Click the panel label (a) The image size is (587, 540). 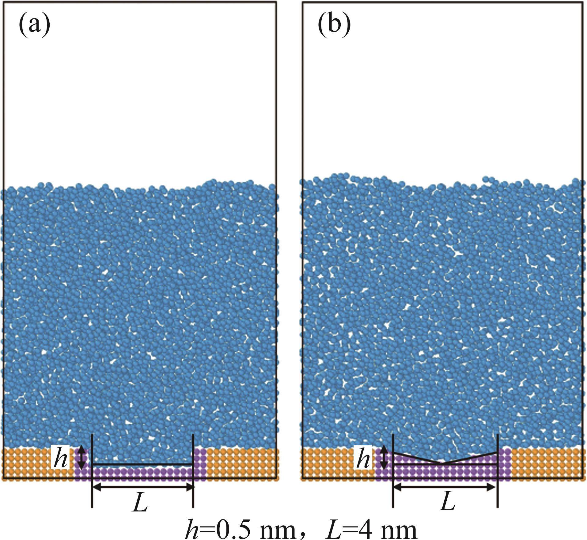[34, 26]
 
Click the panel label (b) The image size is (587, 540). [334, 26]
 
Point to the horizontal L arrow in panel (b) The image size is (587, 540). [445, 487]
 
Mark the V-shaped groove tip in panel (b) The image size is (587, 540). [441, 472]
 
